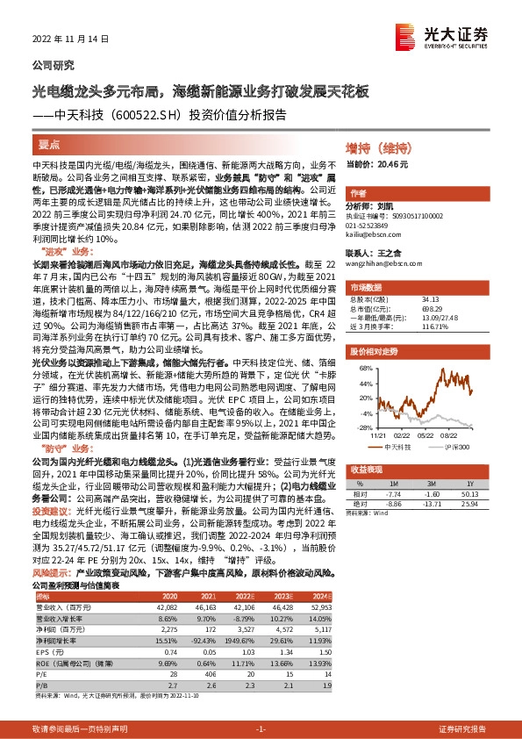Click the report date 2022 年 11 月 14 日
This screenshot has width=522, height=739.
pos(70,39)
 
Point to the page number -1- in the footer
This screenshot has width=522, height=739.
pos(261,729)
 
